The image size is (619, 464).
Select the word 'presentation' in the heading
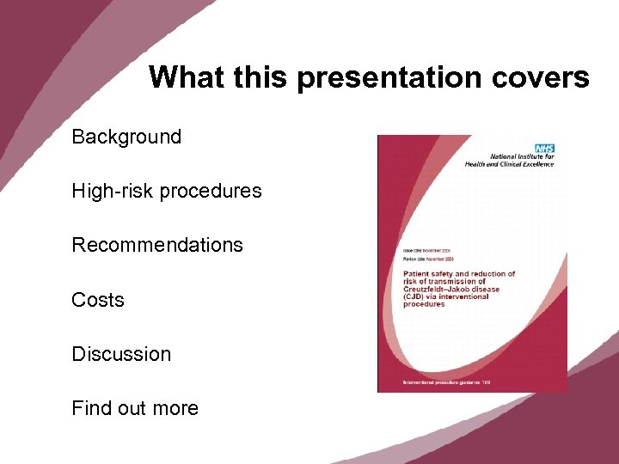[x=389, y=77]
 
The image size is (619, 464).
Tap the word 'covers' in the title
[x=541, y=77]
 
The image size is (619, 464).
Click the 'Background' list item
[x=126, y=137]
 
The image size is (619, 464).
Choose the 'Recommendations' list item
[x=157, y=245]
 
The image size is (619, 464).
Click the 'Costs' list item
[x=98, y=300]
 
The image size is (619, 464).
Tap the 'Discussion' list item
[x=121, y=354]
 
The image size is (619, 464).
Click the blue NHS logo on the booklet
[x=544, y=148]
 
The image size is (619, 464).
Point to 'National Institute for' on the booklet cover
[x=522, y=156]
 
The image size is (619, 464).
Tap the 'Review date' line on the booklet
[x=428, y=259]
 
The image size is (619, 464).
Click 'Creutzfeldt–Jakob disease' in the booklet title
[x=451, y=290]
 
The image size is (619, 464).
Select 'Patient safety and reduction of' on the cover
[x=459, y=274]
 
